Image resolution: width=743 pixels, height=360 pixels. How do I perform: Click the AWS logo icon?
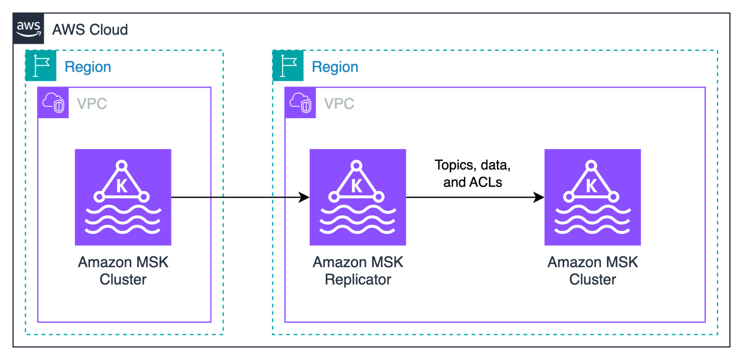[29, 29]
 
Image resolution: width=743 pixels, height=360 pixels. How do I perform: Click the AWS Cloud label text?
[90, 29]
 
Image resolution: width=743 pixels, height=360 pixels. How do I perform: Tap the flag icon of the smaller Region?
[40, 65]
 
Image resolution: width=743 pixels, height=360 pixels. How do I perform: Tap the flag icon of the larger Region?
[288, 65]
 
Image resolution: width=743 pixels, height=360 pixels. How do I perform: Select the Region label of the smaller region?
[88, 67]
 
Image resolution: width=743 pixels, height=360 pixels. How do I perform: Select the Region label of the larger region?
[335, 67]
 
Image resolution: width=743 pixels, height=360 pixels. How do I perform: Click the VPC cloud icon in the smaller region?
[53, 103]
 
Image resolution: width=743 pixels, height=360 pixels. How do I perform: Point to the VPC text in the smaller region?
[92, 103]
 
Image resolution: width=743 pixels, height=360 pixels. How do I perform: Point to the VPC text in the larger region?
[339, 103]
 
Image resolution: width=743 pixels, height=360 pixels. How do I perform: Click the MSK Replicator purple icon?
[357, 198]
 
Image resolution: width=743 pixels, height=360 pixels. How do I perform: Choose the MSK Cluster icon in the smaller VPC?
[122, 198]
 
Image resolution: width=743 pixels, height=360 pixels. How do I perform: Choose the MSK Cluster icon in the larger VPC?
[592, 198]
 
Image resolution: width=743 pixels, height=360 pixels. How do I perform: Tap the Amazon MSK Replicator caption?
[358, 271]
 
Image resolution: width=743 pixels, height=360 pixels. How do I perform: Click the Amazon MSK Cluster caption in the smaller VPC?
[123, 271]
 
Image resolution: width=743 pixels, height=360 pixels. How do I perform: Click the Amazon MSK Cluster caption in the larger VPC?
[592, 271]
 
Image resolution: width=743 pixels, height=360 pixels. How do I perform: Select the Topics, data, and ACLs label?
[473, 173]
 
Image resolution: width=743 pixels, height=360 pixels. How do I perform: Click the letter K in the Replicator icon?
[357, 186]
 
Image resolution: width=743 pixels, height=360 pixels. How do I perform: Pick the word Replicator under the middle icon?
[358, 280]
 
